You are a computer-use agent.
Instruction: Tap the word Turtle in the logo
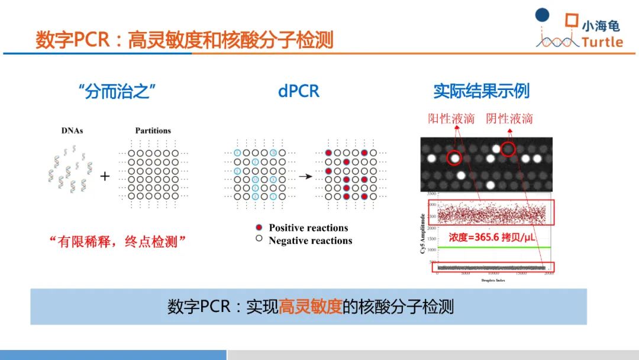point(602,42)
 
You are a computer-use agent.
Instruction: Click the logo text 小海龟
point(601,26)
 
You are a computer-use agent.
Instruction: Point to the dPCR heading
point(298,91)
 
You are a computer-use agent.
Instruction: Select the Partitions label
point(153,130)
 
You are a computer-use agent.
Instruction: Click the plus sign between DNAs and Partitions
point(105,176)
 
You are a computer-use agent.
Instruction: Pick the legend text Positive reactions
point(308,228)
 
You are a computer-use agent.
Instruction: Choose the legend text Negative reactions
point(310,241)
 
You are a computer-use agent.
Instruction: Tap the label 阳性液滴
point(451,118)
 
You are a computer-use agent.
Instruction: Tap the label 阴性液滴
point(509,118)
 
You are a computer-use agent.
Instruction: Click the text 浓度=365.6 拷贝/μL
point(492,237)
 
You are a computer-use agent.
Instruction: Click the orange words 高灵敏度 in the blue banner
point(311,307)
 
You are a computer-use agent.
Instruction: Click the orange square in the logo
point(570,20)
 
